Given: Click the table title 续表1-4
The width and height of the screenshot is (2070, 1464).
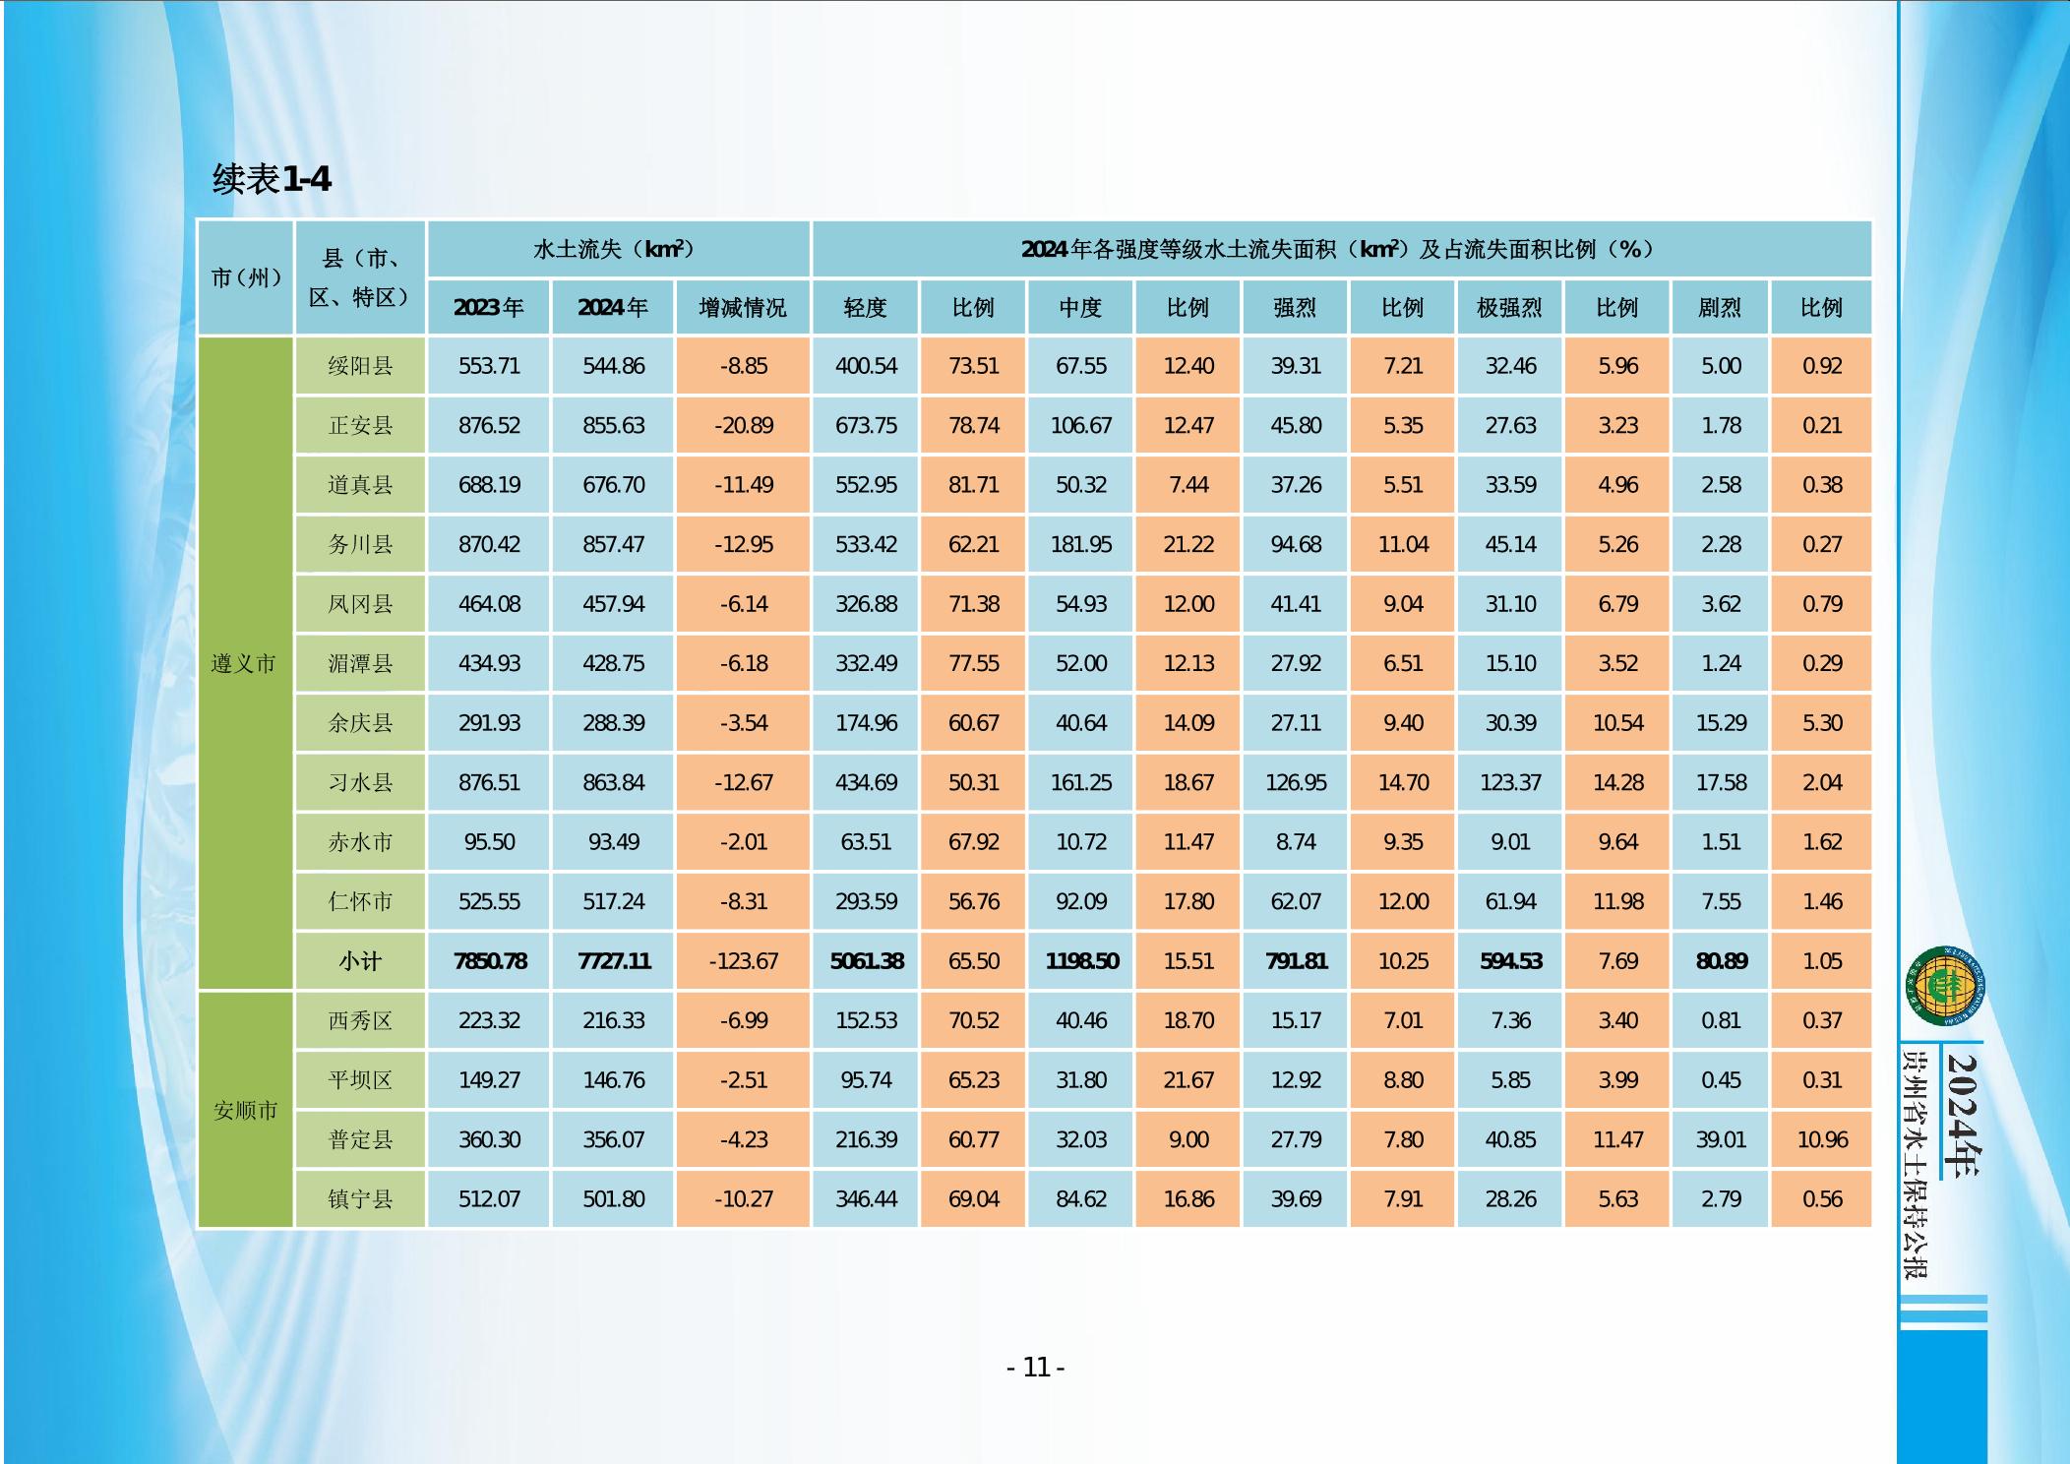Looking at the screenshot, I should pyautogui.click(x=272, y=179).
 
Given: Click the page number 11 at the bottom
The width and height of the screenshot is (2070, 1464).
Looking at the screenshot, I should pyautogui.click(x=1036, y=1368).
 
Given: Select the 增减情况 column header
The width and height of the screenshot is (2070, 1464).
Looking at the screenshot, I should pyautogui.click(x=743, y=308).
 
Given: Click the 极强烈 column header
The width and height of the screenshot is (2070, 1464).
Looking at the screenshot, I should pyautogui.click(x=1509, y=308).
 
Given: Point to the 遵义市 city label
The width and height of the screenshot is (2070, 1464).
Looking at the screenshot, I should pyautogui.click(x=244, y=664).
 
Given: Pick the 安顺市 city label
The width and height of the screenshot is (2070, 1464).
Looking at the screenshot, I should pyautogui.click(x=245, y=1111).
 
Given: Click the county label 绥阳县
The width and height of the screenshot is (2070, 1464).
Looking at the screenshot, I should pyautogui.click(x=360, y=366).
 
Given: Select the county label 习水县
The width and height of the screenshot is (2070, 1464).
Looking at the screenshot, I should pyautogui.click(x=360, y=783).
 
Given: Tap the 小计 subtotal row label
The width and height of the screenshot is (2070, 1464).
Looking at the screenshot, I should pyautogui.click(x=360, y=961).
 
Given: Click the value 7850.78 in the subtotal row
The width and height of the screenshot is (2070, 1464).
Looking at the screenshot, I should pyautogui.click(x=490, y=961).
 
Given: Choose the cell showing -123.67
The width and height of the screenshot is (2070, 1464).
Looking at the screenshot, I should pyautogui.click(x=743, y=961).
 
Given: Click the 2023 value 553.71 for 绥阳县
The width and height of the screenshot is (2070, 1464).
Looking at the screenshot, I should pyautogui.click(x=489, y=366).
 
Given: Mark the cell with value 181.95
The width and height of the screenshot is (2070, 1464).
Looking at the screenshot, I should pyautogui.click(x=1080, y=545).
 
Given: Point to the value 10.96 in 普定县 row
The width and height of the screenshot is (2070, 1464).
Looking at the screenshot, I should pyautogui.click(x=1821, y=1140).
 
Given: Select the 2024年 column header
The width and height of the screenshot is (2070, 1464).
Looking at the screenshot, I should pyautogui.click(x=613, y=308).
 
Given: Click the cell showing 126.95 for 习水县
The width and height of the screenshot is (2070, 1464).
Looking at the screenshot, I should pyautogui.click(x=1296, y=783).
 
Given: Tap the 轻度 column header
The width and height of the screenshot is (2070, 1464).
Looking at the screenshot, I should pyautogui.click(x=866, y=308).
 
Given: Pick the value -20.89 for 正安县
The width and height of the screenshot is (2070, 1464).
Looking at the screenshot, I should pyautogui.click(x=743, y=426).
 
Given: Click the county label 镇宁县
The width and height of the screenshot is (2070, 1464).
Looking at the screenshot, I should pyautogui.click(x=360, y=1199).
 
